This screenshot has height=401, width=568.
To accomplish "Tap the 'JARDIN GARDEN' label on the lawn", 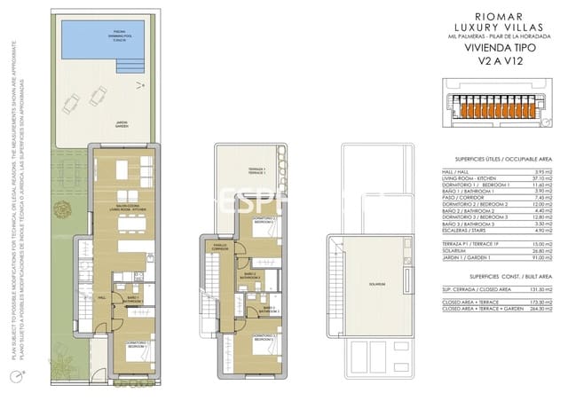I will (122, 124).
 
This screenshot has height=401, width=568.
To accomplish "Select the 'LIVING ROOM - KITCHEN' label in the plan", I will (122, 210).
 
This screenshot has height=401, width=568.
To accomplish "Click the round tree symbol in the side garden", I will (62, 210).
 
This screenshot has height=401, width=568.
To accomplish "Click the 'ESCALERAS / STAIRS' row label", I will (462, 231).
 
